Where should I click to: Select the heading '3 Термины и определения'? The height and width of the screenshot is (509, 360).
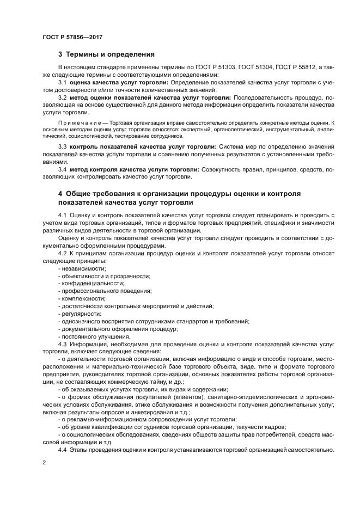coord(106,54)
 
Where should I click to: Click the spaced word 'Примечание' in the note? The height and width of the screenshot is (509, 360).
coord(77,124)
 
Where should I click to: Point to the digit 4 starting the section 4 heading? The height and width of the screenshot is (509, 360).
coord(60,194)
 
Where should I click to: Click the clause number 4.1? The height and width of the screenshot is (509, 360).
coord(62,216)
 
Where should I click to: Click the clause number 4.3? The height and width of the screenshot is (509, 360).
coord(62,344)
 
